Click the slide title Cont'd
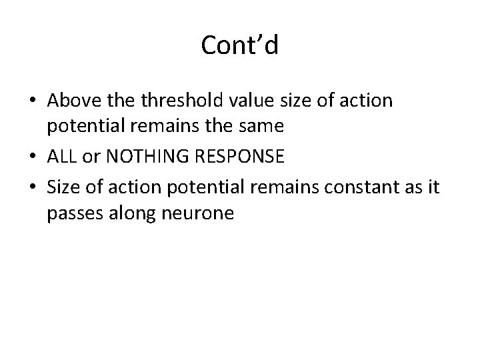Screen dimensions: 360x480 coord(239,45)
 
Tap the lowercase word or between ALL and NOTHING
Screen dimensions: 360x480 coord(89,157)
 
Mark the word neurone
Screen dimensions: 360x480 coord(201,213)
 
